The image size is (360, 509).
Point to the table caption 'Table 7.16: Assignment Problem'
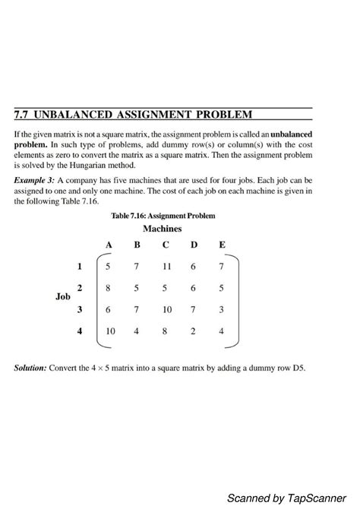click(163, 216)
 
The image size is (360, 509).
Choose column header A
click(109, 245)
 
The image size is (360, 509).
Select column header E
click(222, 245)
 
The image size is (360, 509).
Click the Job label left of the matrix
click(63, 297)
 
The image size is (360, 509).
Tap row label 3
click(79, 309)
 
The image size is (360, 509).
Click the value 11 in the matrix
click(166, 267)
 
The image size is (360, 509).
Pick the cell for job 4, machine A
click(110, 331)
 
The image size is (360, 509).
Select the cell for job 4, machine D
click(194, 331)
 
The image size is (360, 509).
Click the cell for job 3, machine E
click(222, 309)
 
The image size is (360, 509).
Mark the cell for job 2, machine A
click(109, 288)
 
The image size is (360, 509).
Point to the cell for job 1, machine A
click(109, 267)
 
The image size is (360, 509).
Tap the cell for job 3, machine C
click(166, 309)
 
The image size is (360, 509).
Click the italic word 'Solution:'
click(30, 368)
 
